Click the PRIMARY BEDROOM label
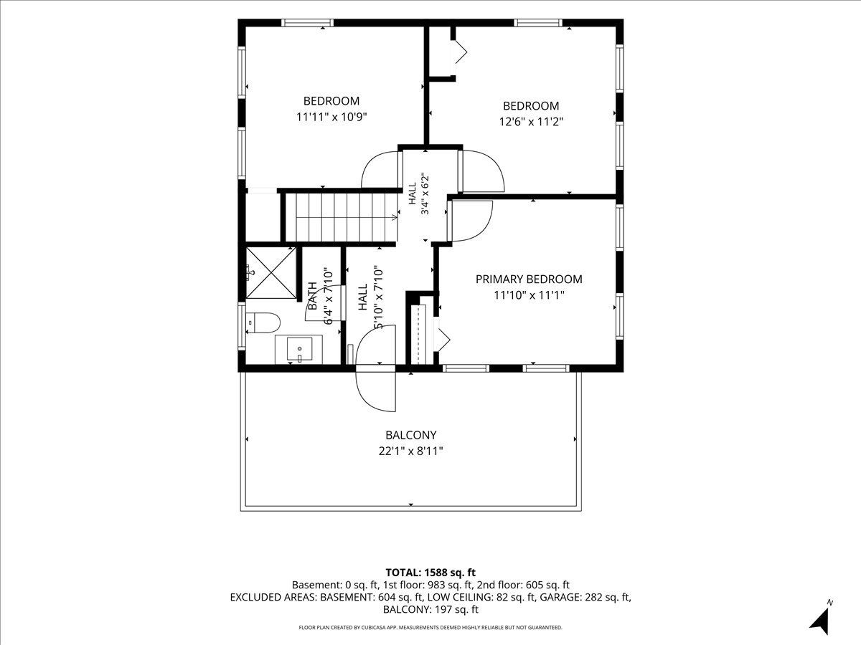(x=529, y=279)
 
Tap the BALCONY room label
(x=410, y=435)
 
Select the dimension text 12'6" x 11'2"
(x=531, y=122)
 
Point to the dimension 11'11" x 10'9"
(x=331, y=117)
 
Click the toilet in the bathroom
(x=263, y=322)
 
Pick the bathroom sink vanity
(x=299, y=348)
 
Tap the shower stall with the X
(x=271, y=272)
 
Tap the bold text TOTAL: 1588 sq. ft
(x=430, y=573)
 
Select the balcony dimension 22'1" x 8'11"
(x=410, y=451)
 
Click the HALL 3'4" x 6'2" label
(x=419, y=193)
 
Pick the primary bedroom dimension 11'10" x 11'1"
(x=529, y=295)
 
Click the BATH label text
(x=313, y=296)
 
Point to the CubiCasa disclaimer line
(x=430, y=627)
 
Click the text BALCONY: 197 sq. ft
(x=430, y=609)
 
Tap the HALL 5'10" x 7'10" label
(x=370, y=297)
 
